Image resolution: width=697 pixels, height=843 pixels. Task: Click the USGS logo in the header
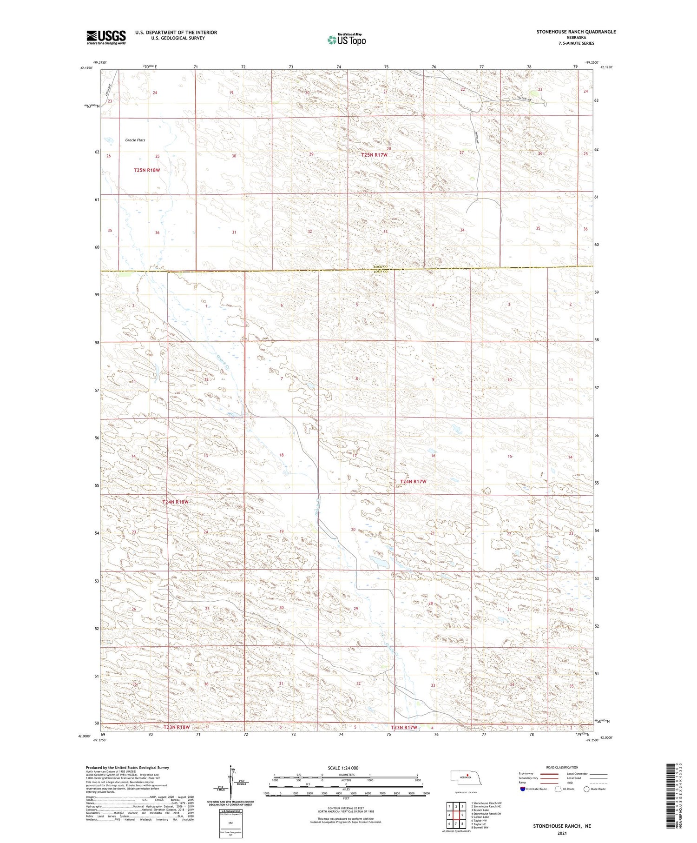[106, 37]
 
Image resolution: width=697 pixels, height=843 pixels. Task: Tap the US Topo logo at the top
[347, 40]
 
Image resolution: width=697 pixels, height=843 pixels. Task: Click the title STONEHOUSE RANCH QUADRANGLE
[576, 32]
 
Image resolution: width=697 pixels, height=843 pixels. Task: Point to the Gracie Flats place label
[135, 140]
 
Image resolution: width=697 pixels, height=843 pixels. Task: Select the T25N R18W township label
[147, 170]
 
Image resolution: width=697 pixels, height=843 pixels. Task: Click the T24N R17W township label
[410, 481]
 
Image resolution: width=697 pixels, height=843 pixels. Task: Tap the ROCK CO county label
[381, 266]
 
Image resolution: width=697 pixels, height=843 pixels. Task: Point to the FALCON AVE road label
[525, 98]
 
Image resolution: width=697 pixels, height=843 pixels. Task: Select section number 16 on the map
[433, 456]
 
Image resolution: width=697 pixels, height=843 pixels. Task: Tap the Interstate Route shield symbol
[523, 789]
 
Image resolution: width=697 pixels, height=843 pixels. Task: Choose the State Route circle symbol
[586, 789]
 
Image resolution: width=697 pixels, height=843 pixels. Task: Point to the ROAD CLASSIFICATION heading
[562, 767]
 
